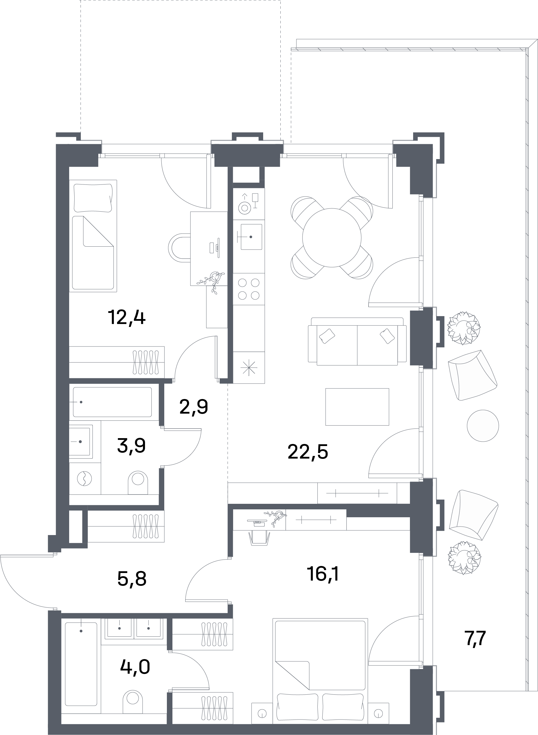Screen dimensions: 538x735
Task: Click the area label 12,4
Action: click(127, 318)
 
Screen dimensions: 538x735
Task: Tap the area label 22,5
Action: click(308, 452)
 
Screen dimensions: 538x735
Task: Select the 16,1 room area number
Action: click(323, 574)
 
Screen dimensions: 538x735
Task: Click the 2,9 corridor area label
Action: click(194, 407)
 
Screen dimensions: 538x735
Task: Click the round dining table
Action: click(331, 238)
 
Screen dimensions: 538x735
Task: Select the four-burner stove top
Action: click(249, 289)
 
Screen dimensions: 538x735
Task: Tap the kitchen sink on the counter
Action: click(251, 237)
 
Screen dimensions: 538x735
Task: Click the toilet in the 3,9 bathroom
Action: click(138, 482)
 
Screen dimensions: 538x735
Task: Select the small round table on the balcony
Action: click(483, 426)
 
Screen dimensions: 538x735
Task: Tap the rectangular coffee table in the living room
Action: click(357, 407)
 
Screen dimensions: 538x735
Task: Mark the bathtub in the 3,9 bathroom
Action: click(112, 402)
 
